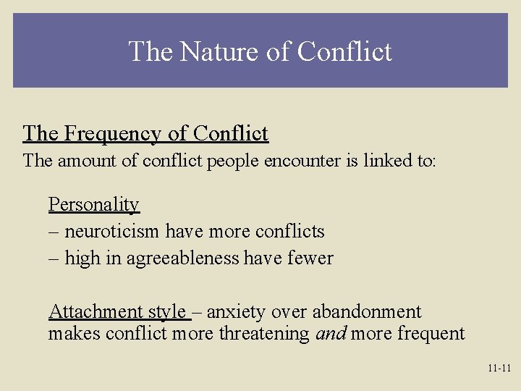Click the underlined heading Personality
click(93, 205)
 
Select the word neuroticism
click(113, 232)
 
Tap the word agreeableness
click(182, 258)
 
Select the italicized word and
click(331, 334)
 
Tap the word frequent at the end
click(431, 334)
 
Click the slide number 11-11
click(499, 369)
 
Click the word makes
click(75, 334)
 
